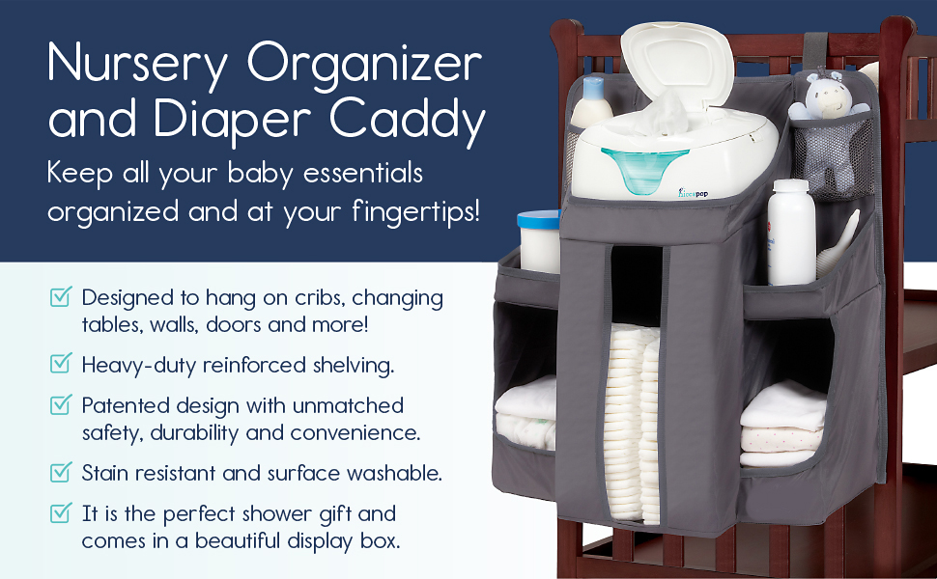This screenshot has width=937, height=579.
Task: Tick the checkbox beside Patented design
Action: pos(61,403)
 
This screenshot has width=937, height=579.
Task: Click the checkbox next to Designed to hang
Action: pos(61,295)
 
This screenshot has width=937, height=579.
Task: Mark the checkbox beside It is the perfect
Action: pos(61,511)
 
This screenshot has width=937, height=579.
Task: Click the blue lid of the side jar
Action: pos(538,219)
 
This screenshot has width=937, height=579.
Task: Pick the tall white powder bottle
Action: pos(791,233)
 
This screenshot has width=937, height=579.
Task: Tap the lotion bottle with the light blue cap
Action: pos(591,101)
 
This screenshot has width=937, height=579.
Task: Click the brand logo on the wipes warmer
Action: pos(694,192)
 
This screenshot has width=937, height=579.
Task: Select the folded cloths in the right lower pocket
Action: pos(783,425)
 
